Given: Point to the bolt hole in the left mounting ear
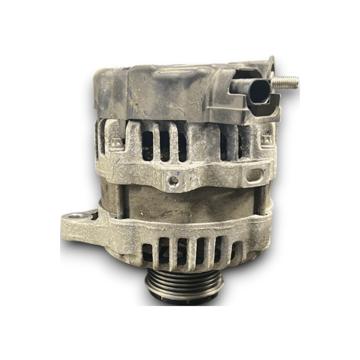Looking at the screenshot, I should tap(73, 216).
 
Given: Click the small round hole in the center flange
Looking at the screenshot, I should tap(173, 180).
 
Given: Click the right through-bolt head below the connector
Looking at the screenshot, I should tap(266, 141).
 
